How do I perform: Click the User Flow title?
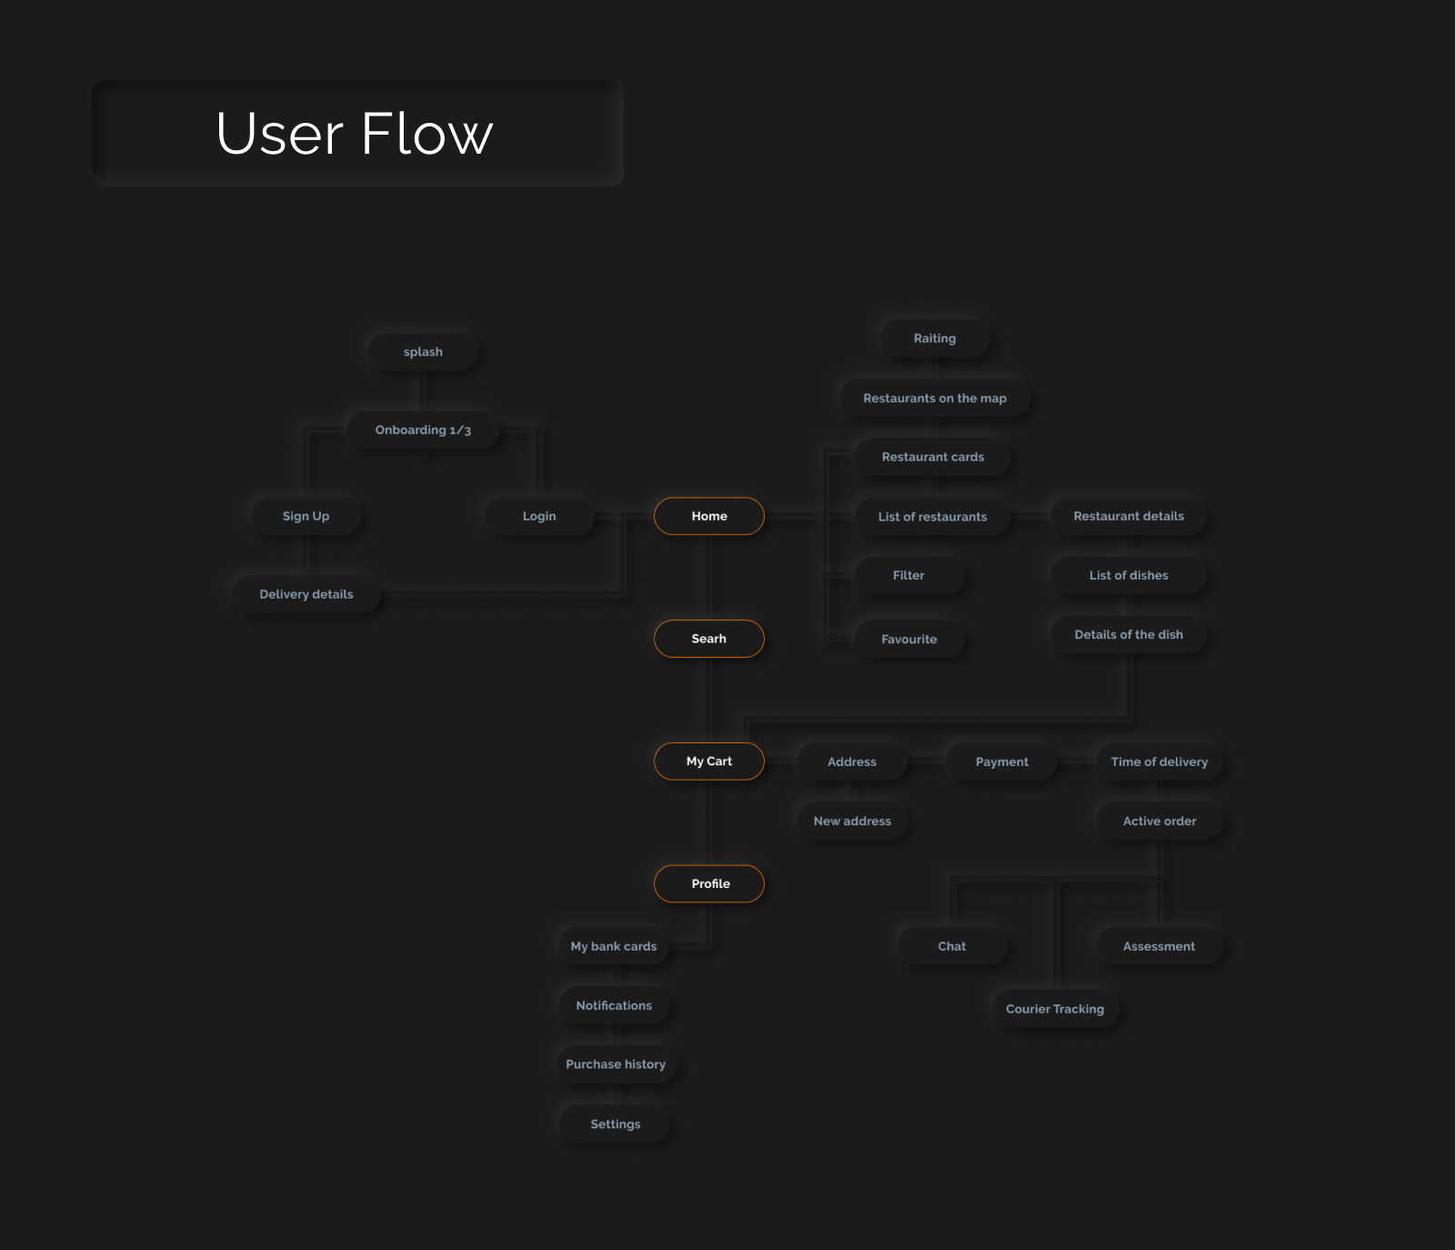pos(356,134)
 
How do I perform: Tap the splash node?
pos(423,352)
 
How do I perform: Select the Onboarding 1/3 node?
pos(423,430)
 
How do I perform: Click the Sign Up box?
pos(306,516)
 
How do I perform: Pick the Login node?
pos(539,516)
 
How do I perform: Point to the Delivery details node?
pos(306,594)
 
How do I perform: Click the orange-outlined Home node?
pos(709,516)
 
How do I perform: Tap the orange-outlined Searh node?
pos(709,639)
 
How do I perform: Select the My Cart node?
pos(709,761)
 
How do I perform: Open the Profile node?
pos(709,883)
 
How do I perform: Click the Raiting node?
pos(935,338)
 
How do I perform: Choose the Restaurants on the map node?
pos(935,398)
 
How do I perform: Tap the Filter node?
pos(908,575)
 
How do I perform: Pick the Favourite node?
pos(908,640)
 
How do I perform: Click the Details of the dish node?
pos(1129,635)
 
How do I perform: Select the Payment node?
pos(1002,761)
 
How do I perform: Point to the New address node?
pos(852,821)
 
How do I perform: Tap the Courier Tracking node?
pos(1055,1009)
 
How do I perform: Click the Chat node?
pos(952,946)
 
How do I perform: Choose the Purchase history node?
pos(616,1064)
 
